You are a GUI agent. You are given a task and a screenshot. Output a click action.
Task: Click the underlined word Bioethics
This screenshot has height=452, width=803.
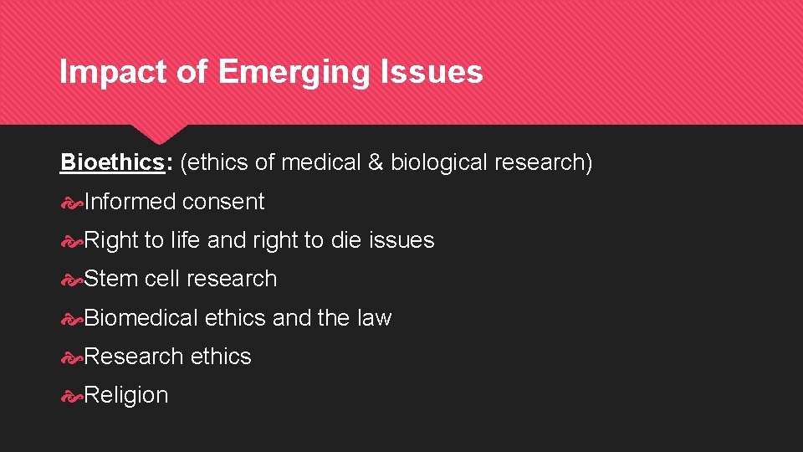[x=112, y=162]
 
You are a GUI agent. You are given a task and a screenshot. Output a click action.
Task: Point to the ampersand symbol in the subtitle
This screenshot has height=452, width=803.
[x=376, y=162]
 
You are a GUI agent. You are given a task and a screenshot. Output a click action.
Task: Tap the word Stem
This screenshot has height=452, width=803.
[x=111, y=279]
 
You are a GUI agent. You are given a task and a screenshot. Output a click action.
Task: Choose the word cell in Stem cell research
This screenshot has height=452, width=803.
[x=161, y=279]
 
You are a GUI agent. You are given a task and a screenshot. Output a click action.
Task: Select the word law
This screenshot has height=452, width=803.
[x=374, y=318]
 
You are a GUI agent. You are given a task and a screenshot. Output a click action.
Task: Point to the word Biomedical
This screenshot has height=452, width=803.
[x=141, y=318]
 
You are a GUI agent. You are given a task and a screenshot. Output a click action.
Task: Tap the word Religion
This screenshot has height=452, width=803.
[x=126, y=395]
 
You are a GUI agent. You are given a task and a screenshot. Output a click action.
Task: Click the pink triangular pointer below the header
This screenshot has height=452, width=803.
[x=159, y=133]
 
